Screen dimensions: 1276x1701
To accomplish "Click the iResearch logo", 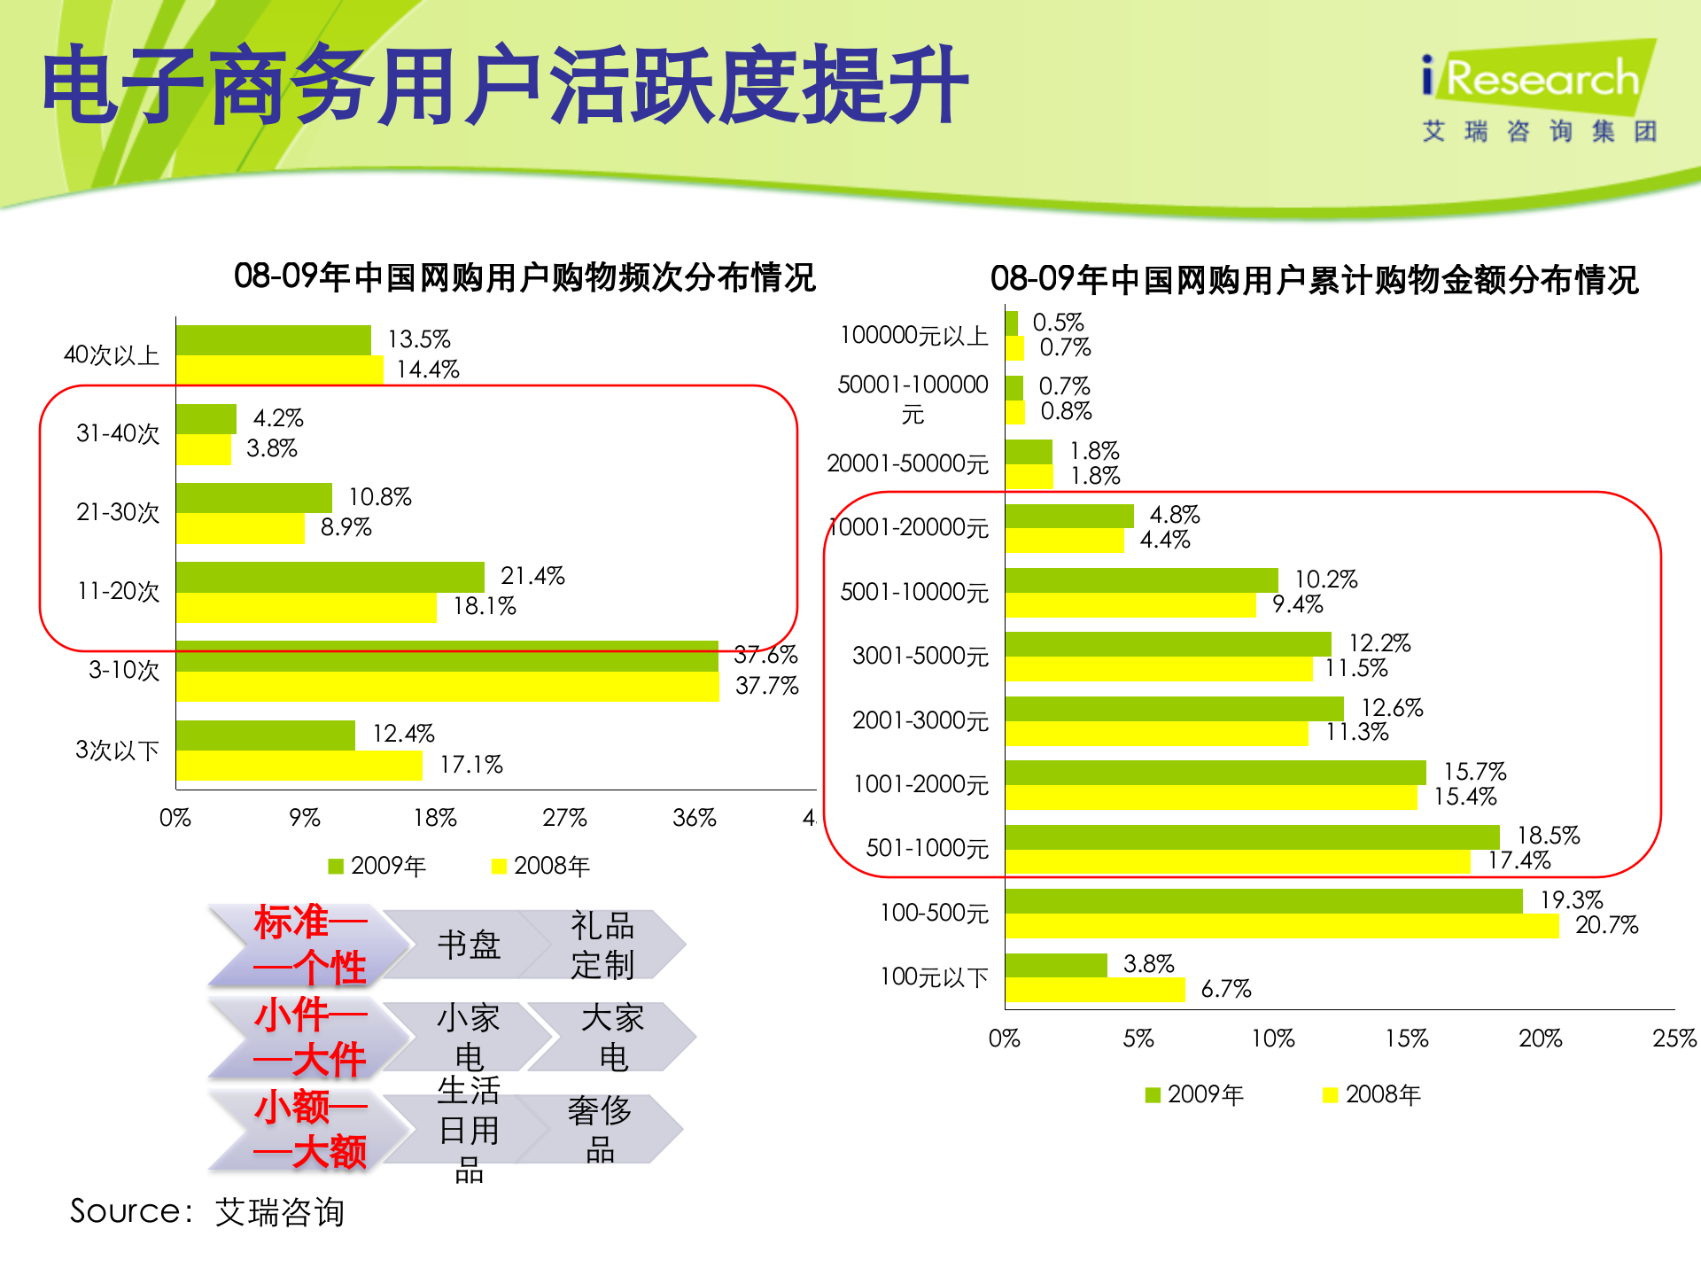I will (x=1540, y=92).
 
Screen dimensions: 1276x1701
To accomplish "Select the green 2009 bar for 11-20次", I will (x=330, y=577).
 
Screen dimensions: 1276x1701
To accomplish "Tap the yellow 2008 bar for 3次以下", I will (x=299, y=766).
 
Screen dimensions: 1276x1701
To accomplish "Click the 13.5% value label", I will (x=419, y=339).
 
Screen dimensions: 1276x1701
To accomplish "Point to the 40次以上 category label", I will (x=112, y=355).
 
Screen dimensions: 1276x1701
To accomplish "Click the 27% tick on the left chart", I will (x=564, y=818).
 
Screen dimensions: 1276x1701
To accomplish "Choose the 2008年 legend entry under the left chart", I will (x=541, y=866).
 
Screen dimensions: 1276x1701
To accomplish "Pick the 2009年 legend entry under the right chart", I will (x=1195, y=1095).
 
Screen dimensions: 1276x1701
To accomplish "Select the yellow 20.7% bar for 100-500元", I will (x=1281, y=926).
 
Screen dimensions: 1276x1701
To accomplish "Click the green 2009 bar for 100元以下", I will (x=1056, y=965).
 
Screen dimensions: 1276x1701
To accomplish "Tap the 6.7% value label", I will (x=1226, y=989).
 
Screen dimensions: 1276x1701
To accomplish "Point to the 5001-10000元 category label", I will (x=913, y=592).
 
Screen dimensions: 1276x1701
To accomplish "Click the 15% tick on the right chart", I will (x=1407, y=1039).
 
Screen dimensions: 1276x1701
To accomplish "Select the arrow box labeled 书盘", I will (x=469, y=945).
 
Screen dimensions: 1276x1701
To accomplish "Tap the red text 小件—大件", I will (x=309, y=1037).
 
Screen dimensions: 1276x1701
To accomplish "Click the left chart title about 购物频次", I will (x=524, y=277).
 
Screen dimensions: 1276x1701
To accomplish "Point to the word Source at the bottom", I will (x=125, y=1211).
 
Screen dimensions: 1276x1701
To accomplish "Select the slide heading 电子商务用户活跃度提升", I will (x=505, y=86).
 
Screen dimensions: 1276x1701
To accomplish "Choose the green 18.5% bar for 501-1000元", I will (x=1252, y=836).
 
